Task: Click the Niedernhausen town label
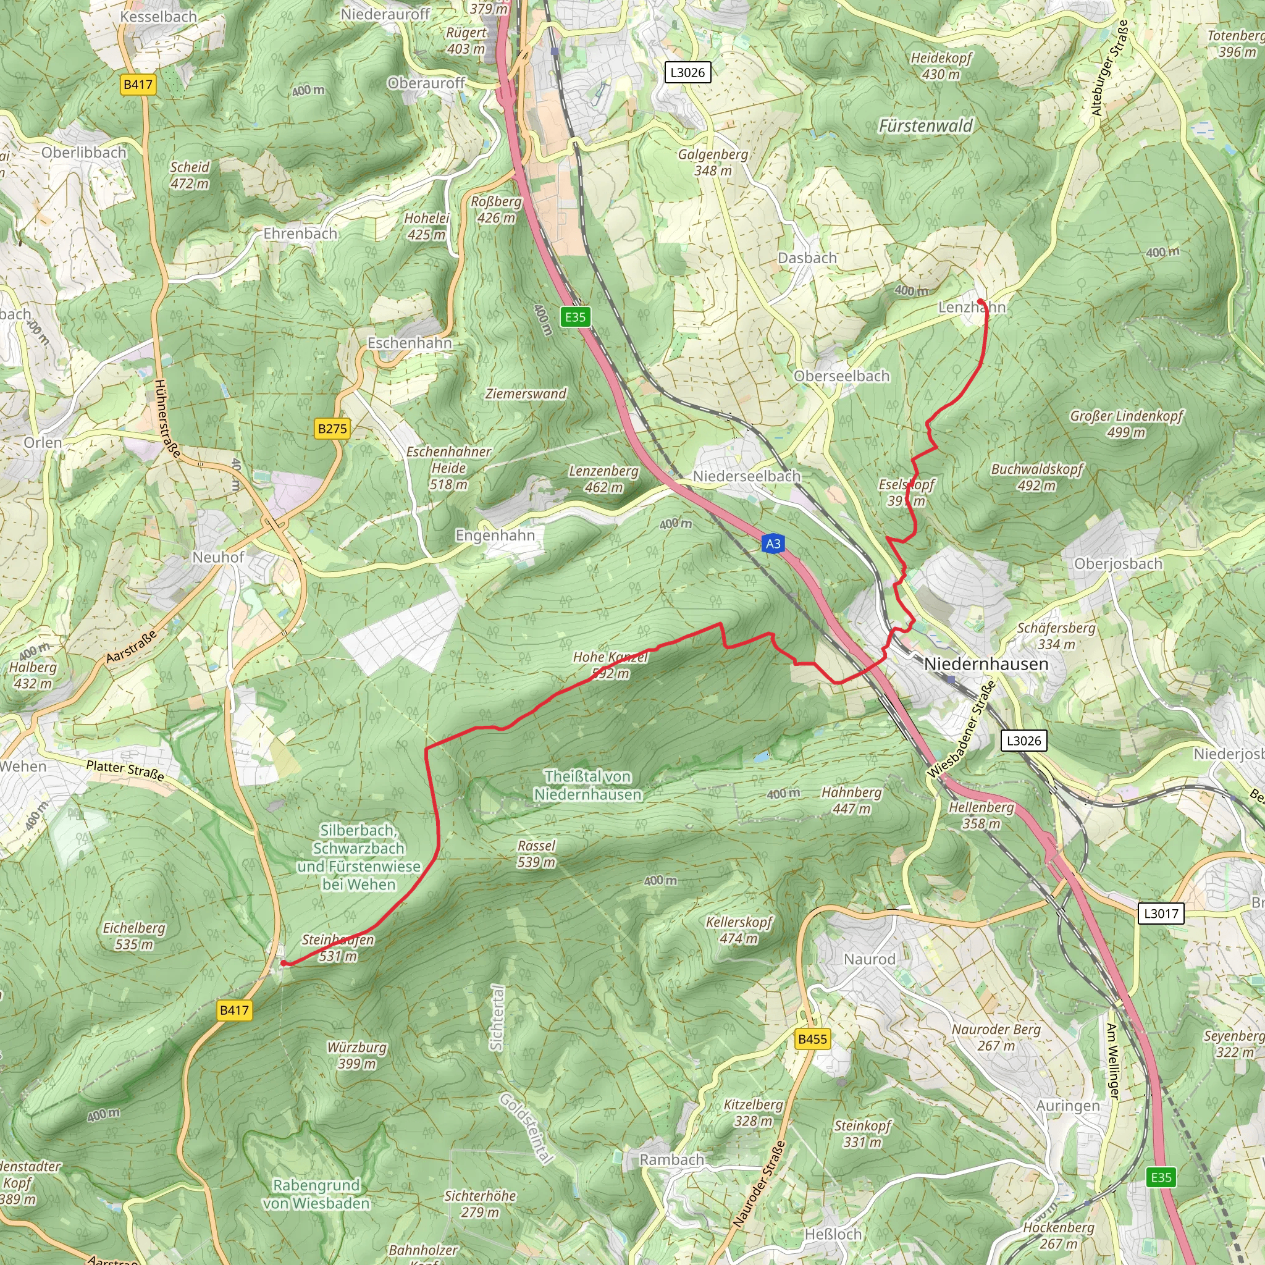[985, 664]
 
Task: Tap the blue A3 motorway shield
[773, 544]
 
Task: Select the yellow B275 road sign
[332, 429]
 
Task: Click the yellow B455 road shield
[813, 1038]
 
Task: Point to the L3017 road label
[1161, 913]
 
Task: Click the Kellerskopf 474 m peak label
[739, 930]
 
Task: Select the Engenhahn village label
[495, 536]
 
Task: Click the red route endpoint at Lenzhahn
[980, 301]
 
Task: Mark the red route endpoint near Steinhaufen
[284, 962]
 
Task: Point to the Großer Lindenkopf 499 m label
[1126, 424]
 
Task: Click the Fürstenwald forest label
[925, 126]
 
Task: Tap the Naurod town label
[869, 959]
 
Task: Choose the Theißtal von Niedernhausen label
[587, 785]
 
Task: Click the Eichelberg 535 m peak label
[134, 936]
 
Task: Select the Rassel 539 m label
[536, 854]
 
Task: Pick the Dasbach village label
[807, 258]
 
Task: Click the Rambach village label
[672, 1159]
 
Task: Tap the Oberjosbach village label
[1117, 564]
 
